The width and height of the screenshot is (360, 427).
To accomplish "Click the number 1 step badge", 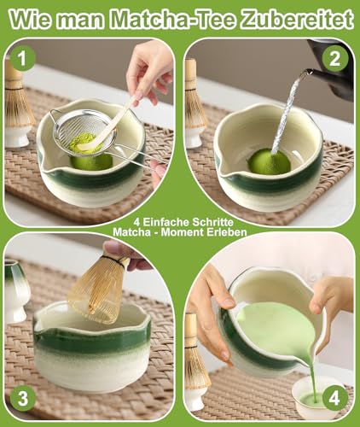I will [23, 57].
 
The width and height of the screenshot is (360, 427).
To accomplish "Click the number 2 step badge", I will [335, 58].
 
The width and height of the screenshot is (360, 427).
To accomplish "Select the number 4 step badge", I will [334, 397].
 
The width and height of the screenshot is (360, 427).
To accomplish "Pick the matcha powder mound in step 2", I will [269, 161].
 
